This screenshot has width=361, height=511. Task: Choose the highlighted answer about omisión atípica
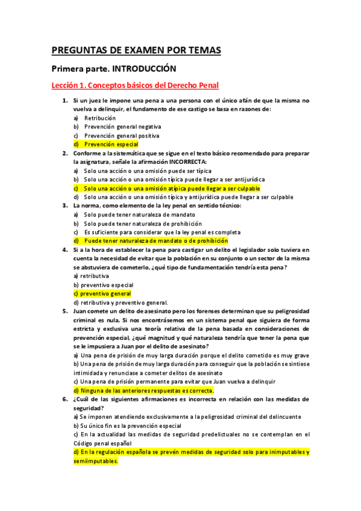click(172, 188)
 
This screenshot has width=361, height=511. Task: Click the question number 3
click(65, 205)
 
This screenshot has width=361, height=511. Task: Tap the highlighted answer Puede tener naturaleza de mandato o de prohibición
click(155, 240)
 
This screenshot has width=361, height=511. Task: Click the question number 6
click(65, 399)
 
